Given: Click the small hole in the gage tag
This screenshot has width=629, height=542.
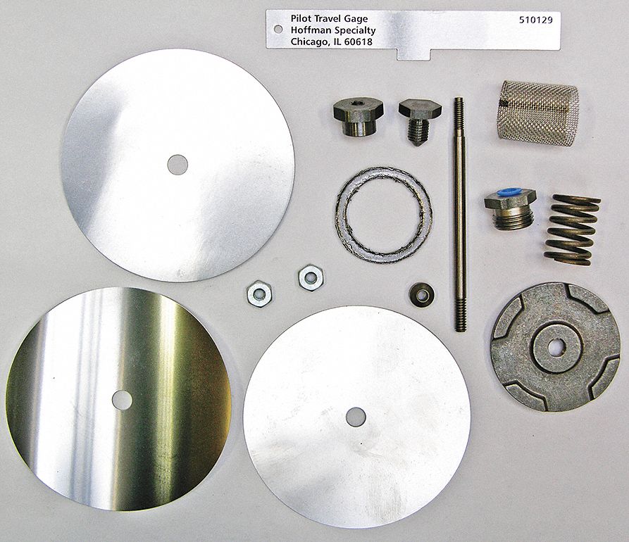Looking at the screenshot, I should pyautogui.click(x=278, y=30).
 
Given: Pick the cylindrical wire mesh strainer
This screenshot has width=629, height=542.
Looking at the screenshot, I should pyautogui.click(x=537, y=113).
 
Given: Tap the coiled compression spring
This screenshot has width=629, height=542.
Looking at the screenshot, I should pyautogui.click(x=573, y=229).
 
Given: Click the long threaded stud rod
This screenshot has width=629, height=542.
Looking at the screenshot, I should pyautogui.click(x=459, y=214).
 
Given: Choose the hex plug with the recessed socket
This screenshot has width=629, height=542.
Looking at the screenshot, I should pyautogui.click(x=356, y=118).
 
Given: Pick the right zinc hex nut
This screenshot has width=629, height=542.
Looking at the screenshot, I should pyautogui.click(x=311, y=277).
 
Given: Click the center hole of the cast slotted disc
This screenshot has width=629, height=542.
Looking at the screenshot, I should pyautogui.click(x=556, y=347).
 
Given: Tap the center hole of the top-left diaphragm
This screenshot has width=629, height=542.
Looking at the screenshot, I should pyautogui.click(x=178, y=165).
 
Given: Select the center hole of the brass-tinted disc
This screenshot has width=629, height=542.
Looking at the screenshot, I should pyautogui.click(x=122, y=400).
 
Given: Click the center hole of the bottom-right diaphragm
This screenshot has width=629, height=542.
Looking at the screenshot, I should pyautogui.click(x=356, y=417).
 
